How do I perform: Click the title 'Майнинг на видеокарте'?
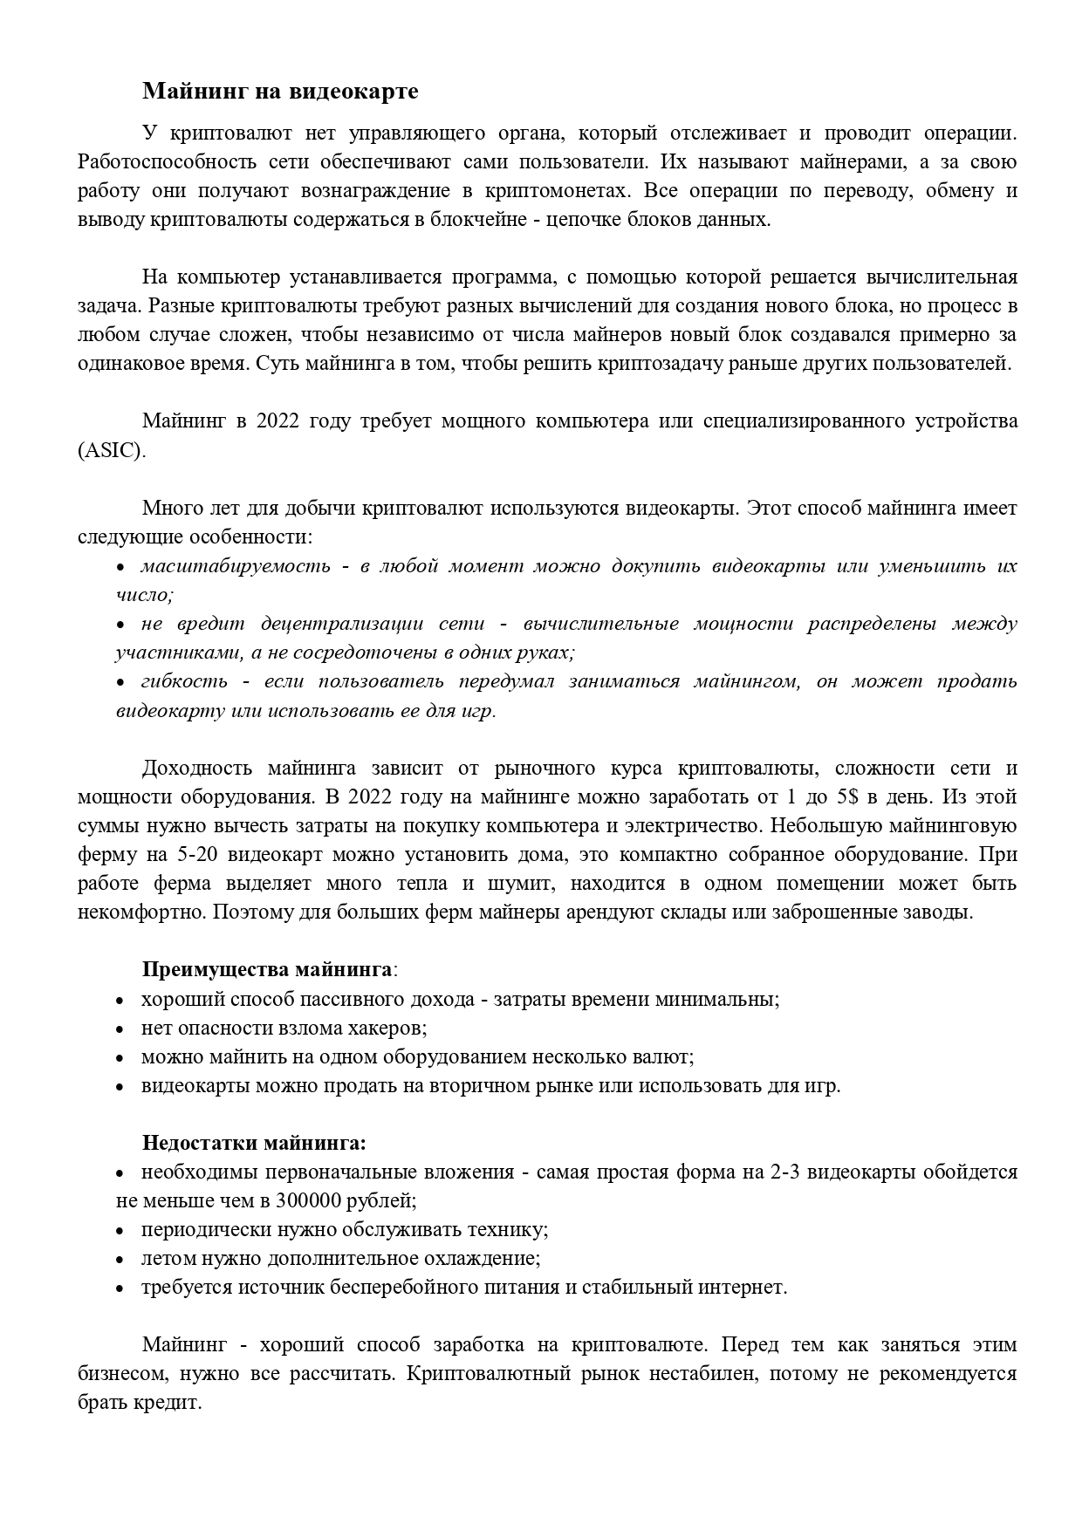[280, 92]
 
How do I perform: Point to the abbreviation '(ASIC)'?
[111, 450]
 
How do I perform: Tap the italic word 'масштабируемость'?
[236, 566]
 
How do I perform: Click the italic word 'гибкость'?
[184, 681]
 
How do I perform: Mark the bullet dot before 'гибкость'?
[121, 682]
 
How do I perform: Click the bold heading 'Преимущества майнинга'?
[267, 970]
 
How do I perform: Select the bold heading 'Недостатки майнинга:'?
[254, 1143]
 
